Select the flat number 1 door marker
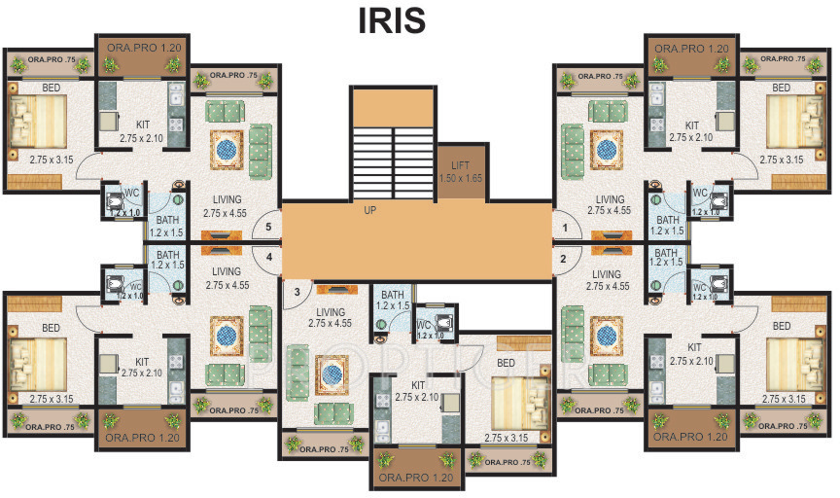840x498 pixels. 564,229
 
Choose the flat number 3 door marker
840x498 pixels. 288,290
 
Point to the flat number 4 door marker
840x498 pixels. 269,258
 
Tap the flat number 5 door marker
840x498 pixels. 269,229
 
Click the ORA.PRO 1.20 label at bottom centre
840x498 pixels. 417,479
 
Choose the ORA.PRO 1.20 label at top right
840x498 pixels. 691,48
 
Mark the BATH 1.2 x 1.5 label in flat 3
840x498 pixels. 393,301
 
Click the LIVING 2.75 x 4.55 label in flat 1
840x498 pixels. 611,204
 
